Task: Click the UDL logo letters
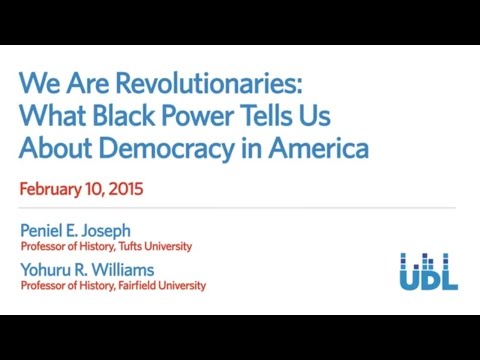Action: coord(428,279)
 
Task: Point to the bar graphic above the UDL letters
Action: coord(428,260)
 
